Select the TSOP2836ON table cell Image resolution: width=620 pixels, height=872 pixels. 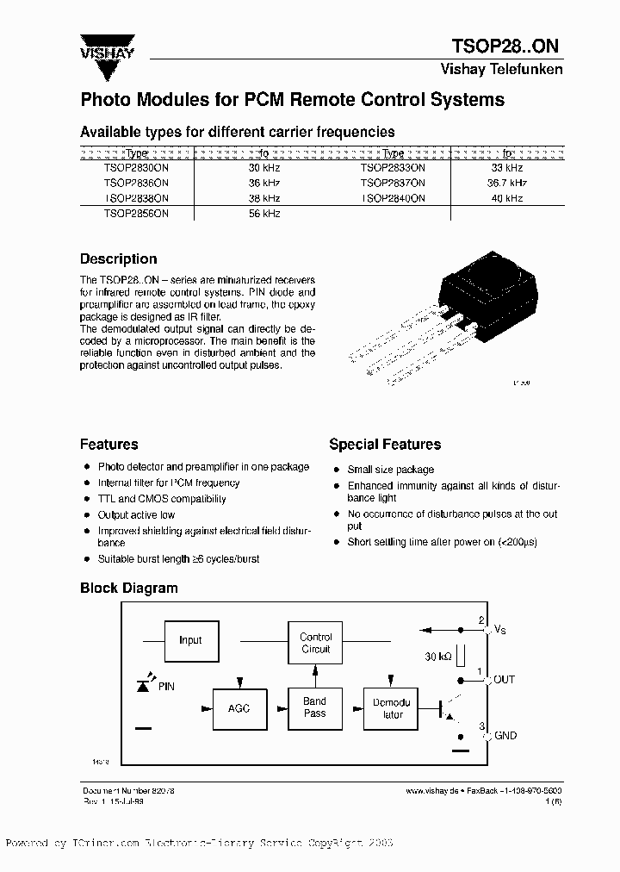(x=136, y=183)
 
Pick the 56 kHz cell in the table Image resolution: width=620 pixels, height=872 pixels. (x=263, y=213)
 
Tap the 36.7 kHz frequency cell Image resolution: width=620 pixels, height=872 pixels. (x=507, y=183)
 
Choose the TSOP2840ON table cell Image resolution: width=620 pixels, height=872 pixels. (x=393, y=198)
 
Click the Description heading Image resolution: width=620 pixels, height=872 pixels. (x=118, y=258)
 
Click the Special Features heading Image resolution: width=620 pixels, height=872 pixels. (x=385, y=445)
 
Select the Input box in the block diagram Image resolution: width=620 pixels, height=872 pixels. (x=190, y=640)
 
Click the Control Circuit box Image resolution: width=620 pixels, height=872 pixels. (x=315, y=643)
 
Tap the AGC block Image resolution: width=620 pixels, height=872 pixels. (x=239, y=707)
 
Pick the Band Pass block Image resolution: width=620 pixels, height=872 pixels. (x=315, y=707)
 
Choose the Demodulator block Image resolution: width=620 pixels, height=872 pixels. (x=393, y=707)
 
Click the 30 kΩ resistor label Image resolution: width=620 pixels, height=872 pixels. (x=439, y=656)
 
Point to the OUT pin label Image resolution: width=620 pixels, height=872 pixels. (x=504, y=679)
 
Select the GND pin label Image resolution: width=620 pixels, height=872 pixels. (x=505, y=735)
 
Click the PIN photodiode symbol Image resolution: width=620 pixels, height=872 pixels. (x=144, y=685)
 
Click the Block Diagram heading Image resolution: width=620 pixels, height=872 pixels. (x=128, y=589)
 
